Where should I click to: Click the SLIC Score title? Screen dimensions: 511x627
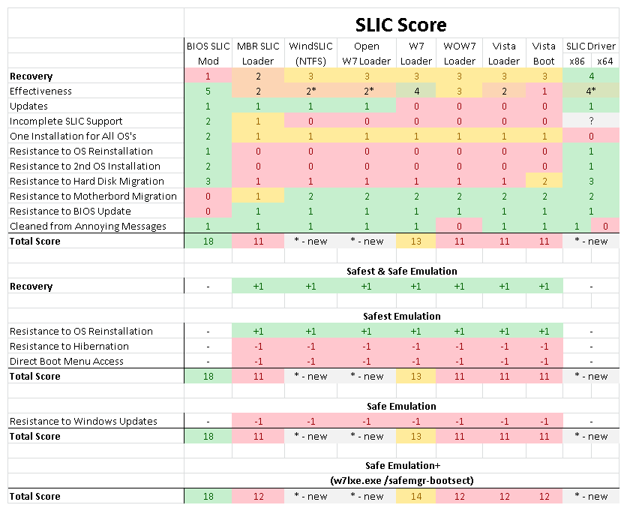pyautogui.click(x=401, y=25)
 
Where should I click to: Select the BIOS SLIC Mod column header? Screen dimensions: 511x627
pyautogui.click(x=208, y=53)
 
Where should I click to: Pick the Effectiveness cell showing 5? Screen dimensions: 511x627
pyautogui.click(x=208, y=91)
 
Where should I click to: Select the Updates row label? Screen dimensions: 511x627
pyautogui.click(x=28, y=106)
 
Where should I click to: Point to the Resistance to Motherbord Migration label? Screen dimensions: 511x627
pyautogui.click(x=93, y=196)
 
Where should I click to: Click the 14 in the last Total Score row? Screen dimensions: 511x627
pyautogui.click(x=416, y=496)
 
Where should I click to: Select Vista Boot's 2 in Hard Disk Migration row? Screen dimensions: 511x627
pyautogui.click(x=544, y=181)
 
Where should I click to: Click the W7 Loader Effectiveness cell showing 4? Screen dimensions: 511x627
pyautogui.click(x=416, y=91)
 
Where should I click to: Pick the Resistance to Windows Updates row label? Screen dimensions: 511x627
pyautogui.click(x=83, y=421)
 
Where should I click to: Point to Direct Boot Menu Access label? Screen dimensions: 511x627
pyautogui.click(x=67, y=361)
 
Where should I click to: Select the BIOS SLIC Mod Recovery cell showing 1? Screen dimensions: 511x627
pyautogui.click(x=208, y=76)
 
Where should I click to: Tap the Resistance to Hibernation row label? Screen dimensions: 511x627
pyautogui.click(x=69, y=346)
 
